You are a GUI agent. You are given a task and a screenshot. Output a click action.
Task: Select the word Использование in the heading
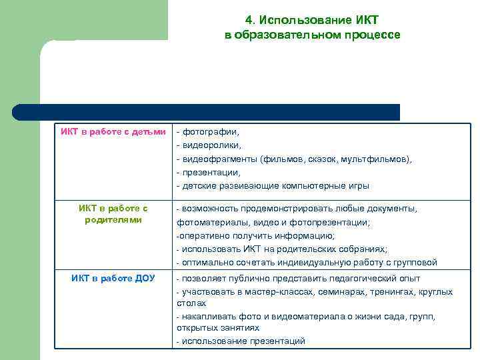[293, 20]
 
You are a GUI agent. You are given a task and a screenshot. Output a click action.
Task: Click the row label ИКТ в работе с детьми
[113, 131]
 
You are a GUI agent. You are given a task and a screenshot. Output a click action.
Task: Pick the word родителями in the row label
[113, 220]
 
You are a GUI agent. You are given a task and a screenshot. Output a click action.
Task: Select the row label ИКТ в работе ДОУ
[113, 278]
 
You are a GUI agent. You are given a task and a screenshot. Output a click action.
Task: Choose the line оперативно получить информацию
[255, 235]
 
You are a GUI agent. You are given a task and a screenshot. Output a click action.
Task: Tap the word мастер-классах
[257, 292]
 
